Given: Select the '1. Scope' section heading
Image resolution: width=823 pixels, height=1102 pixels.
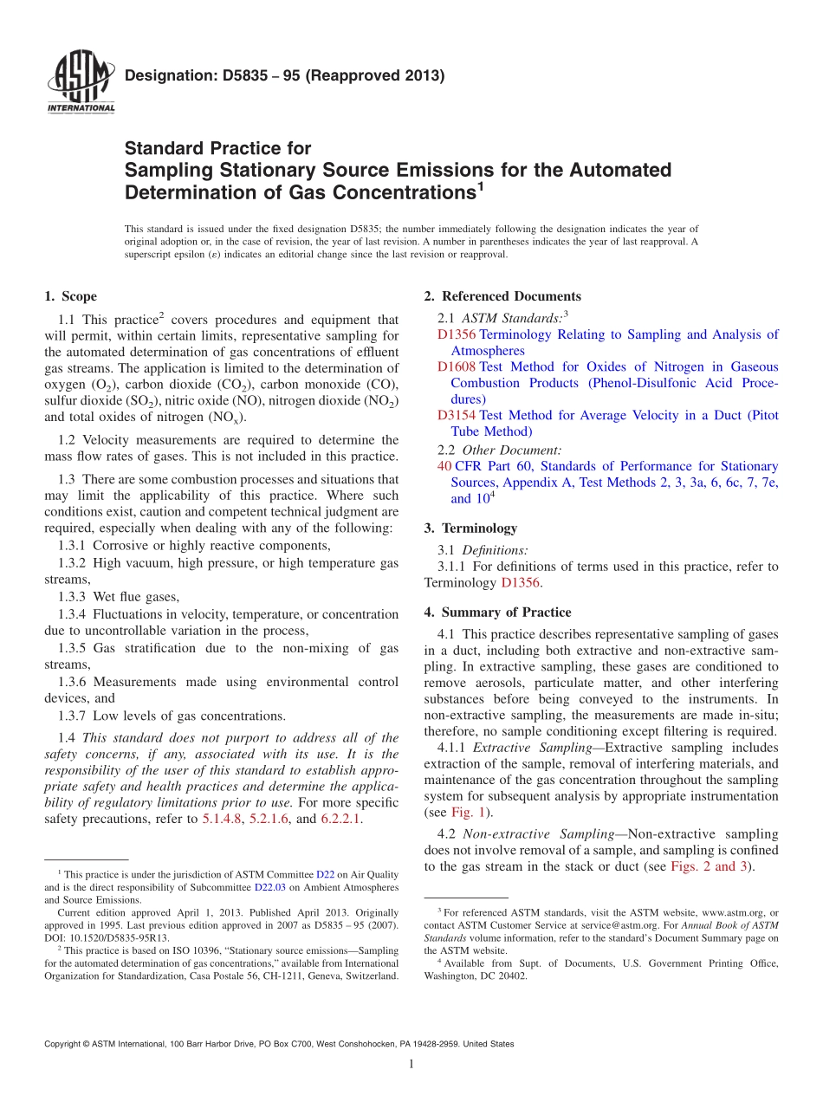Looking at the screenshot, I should pyautogui.click(x=71, y=296).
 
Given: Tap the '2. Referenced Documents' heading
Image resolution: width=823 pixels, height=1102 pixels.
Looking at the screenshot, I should pyautogui.click(x=502, y=296).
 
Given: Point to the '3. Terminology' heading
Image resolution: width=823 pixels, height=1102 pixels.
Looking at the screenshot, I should pyautogui.click(x=470, y=528).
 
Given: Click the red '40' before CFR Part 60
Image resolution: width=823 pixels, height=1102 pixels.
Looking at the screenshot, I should pyautogui.click(x=444, y=466).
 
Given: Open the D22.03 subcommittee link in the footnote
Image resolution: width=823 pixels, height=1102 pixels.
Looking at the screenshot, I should pyautogui.click(x=269, y=887).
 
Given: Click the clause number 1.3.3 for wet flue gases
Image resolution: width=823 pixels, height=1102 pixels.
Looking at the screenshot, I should pyautogui.click(x=72, y=596).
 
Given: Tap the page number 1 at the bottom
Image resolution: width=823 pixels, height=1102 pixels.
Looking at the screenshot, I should pyautogui.click(x=411, y=1065).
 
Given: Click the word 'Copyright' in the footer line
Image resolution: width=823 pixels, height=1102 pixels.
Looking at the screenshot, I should pyautogui.click(x=65, y=1044).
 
